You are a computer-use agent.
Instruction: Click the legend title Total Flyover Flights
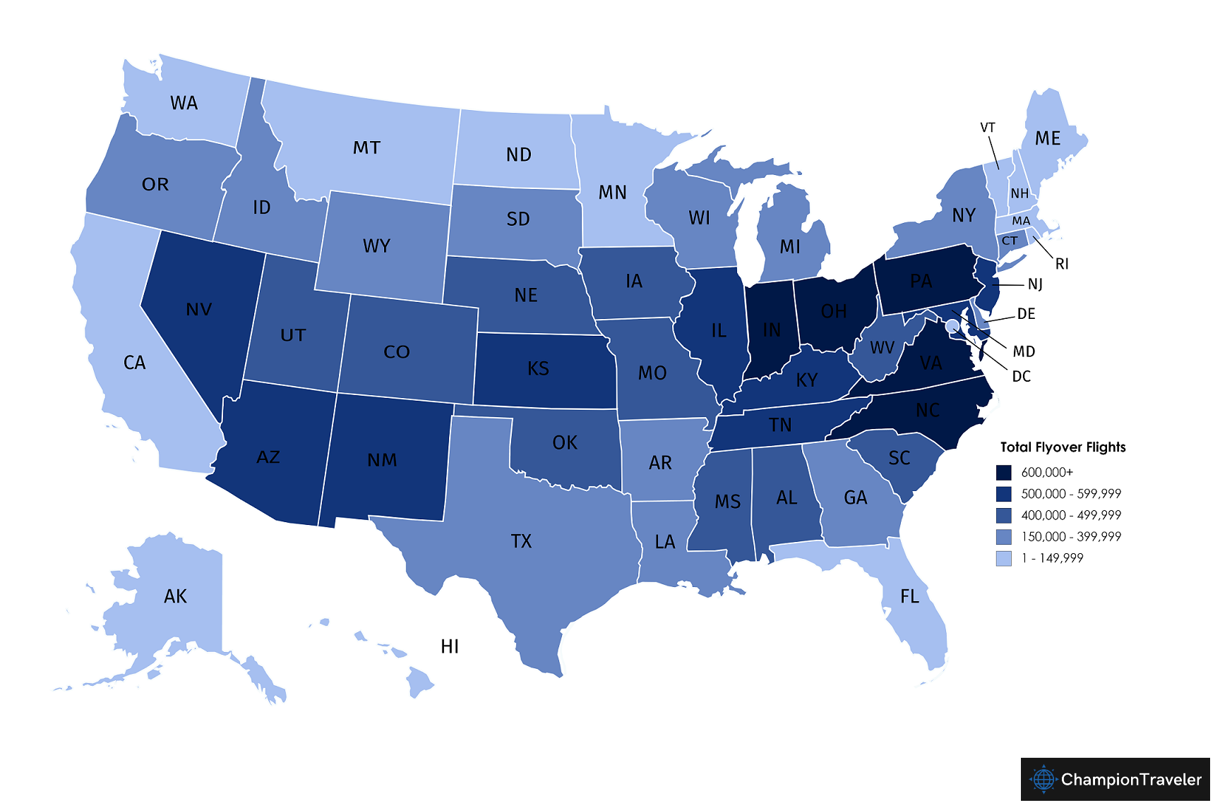(x=1063, y=447)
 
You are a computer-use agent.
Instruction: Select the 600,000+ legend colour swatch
(x=1003, y=473)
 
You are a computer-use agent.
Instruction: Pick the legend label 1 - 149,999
(x=1061, y=559)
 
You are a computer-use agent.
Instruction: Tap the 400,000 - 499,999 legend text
(x=1071, y=516)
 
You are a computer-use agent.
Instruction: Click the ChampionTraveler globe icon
(x=1043, y=780)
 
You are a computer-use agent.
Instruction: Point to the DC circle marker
(x=952, y=325)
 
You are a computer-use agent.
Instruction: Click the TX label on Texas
(x=521, y=542)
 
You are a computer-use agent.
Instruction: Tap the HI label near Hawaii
(x=450, y=647)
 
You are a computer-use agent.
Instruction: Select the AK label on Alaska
(x=175, y=597)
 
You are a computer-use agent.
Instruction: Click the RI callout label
(x=1062, y=265)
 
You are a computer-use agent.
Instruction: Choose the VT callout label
(x=988, y=128)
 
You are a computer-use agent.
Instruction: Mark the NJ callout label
(x=1035, y=284)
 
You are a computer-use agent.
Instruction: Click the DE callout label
(x=1026, y=314)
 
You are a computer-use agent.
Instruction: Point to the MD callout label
(x=1024, y=351)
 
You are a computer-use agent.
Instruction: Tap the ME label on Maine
(x=1048, y=138)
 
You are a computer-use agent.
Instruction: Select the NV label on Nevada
(x=199, y=310)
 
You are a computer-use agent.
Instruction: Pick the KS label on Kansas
(x=538, y=369)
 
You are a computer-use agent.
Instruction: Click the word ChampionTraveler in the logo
(x=1131, y=780)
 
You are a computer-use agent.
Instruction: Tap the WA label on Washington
(x=184, y=104)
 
